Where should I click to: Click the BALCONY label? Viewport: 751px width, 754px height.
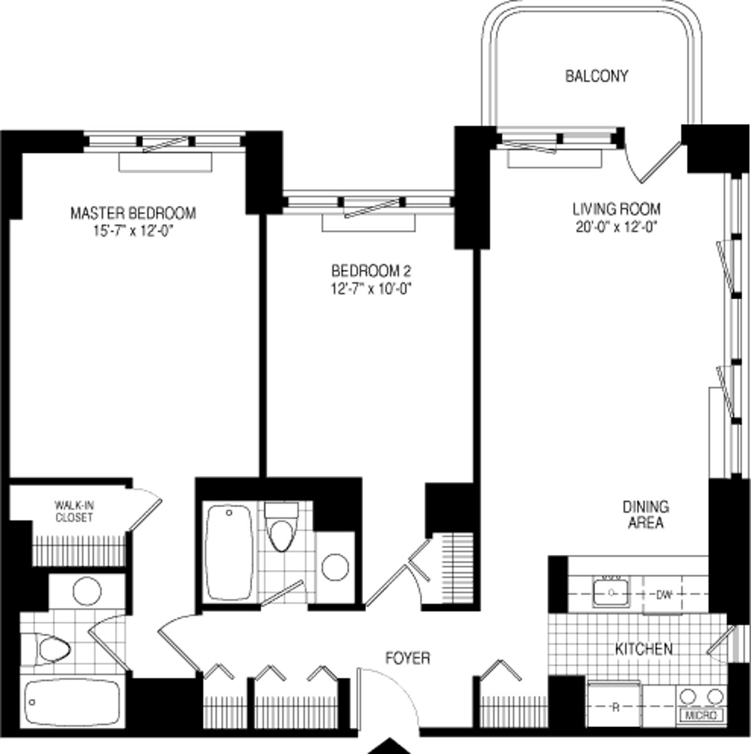tap(596, 76)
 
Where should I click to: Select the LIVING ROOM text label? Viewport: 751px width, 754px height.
tap(616, 209)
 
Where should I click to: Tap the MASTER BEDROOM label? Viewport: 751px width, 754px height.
tap(133, 213)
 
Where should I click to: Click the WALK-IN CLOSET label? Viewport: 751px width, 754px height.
tap(74, 511)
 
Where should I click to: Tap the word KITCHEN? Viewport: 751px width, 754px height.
tap(644, 649)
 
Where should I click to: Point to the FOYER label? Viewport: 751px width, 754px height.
tap(407, 658)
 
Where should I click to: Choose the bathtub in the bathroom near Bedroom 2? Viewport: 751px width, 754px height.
tap(229, 552)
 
